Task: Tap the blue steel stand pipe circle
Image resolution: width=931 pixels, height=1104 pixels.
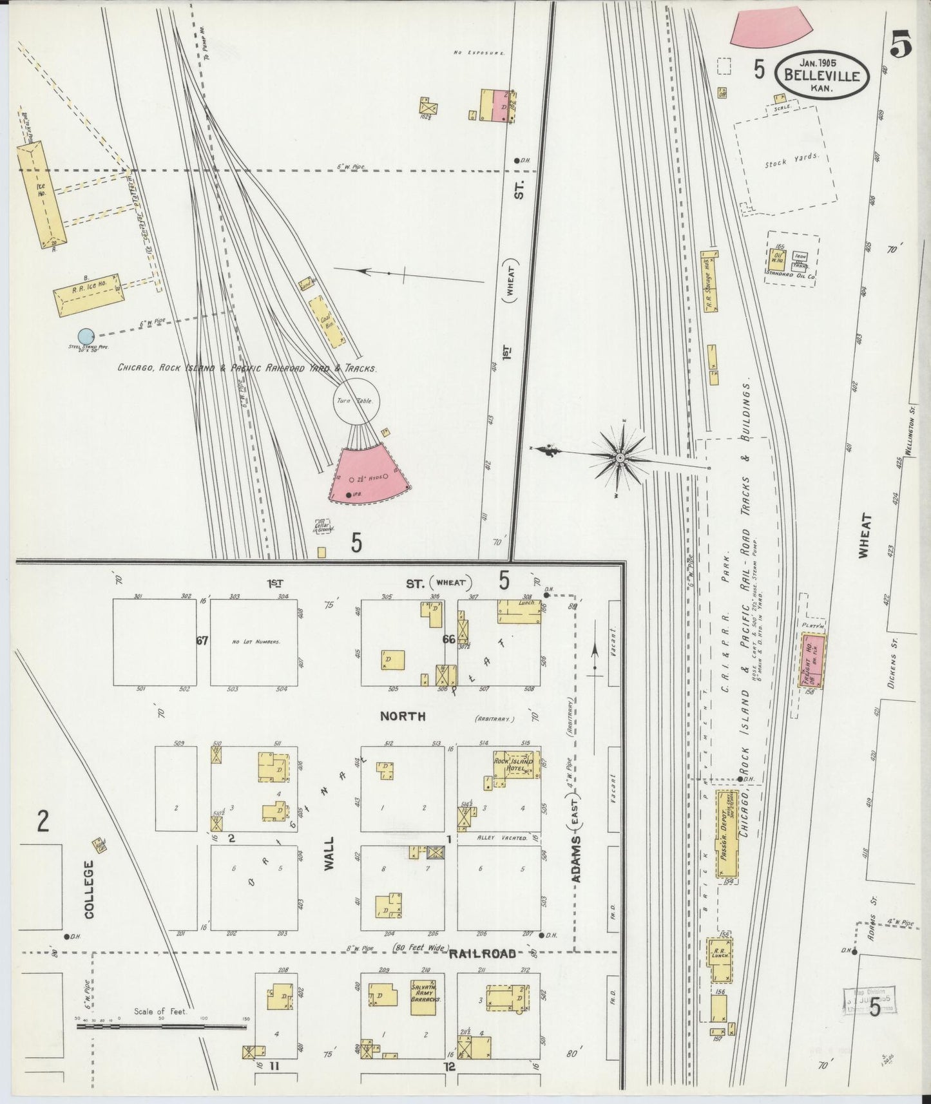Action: (86, 336)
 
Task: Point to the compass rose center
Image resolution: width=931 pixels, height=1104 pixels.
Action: (619, 457)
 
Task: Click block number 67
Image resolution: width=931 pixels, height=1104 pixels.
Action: (202, 640)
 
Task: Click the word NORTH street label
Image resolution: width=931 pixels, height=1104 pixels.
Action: (402, 716)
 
